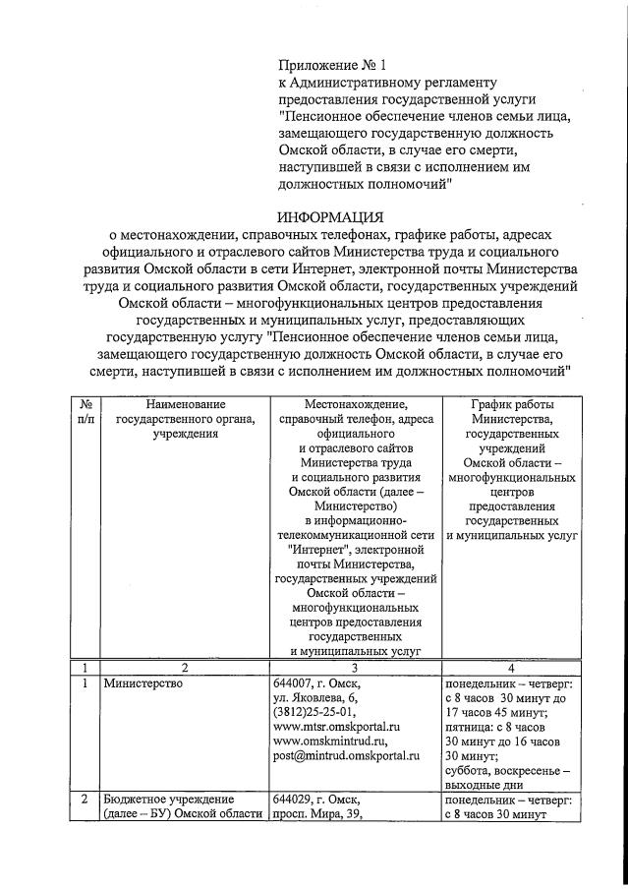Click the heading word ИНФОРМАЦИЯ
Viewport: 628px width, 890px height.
[x=330, y=216]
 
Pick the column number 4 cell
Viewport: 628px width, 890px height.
[x=511, y=666]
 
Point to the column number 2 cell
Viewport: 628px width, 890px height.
[x=185, y=666]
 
